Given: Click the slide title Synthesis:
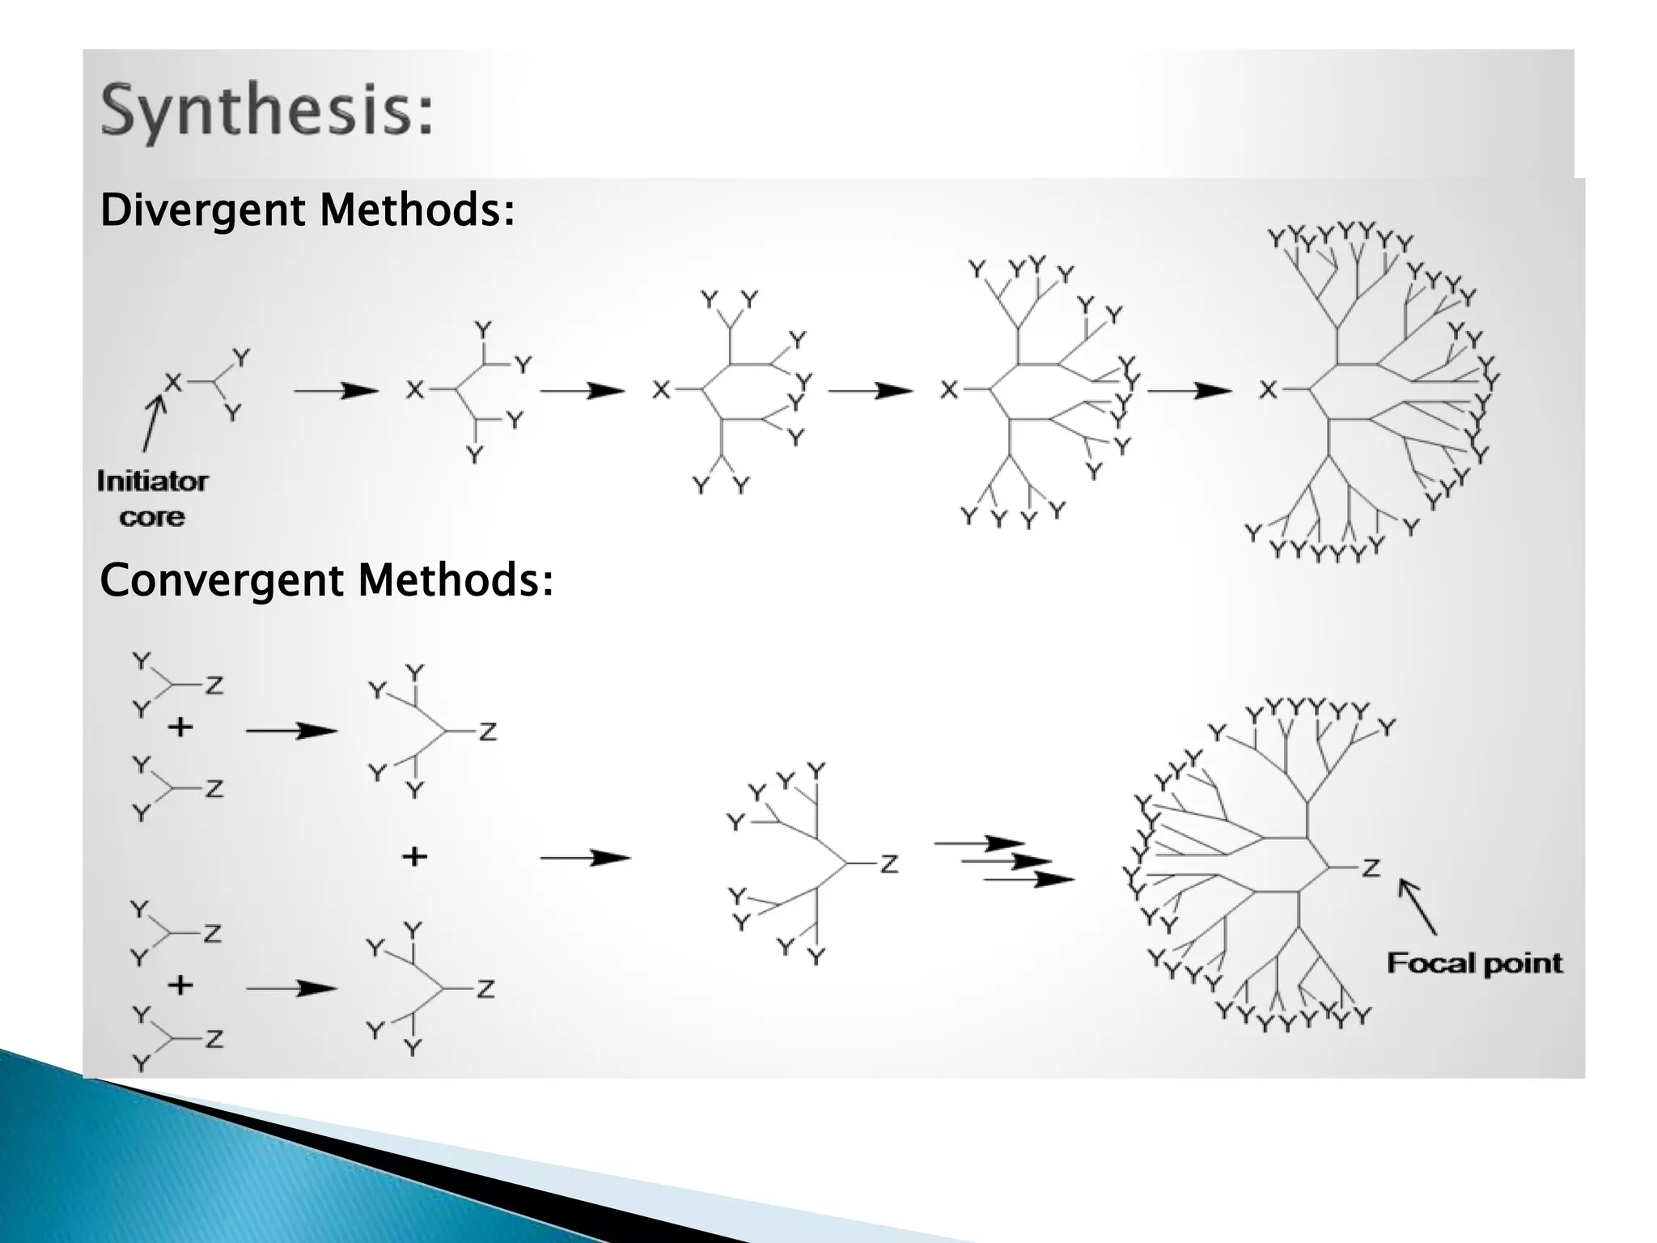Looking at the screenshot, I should click(x=267, y=113).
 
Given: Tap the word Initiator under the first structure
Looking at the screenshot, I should click(x=152, y=482).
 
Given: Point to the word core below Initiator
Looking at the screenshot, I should click(x=152, y=517).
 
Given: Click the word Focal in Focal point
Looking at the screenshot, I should click(x=1422, y=963).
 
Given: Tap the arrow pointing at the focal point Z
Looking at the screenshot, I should click(x=1418, y=906).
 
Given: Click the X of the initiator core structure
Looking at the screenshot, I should click(x=172, y=381).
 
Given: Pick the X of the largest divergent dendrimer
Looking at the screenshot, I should click(x=1268, y=390).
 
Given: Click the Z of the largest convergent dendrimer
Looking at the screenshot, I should click(x=1370, y=868).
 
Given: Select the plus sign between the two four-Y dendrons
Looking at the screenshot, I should click(x=414, y=856).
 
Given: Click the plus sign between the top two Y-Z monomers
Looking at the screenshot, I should click(x=180, y=728).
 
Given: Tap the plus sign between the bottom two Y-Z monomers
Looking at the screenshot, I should click(x=180, y=985).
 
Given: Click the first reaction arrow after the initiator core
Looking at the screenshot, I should click(x=335, y=391).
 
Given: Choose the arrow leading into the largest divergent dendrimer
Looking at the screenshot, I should click(x=1189, y=391).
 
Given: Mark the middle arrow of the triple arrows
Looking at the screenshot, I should click(x=1006, y=861).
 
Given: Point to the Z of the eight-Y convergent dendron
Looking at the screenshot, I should click(x=889, y=864).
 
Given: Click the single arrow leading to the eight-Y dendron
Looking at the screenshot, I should click(x=584, y=858).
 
